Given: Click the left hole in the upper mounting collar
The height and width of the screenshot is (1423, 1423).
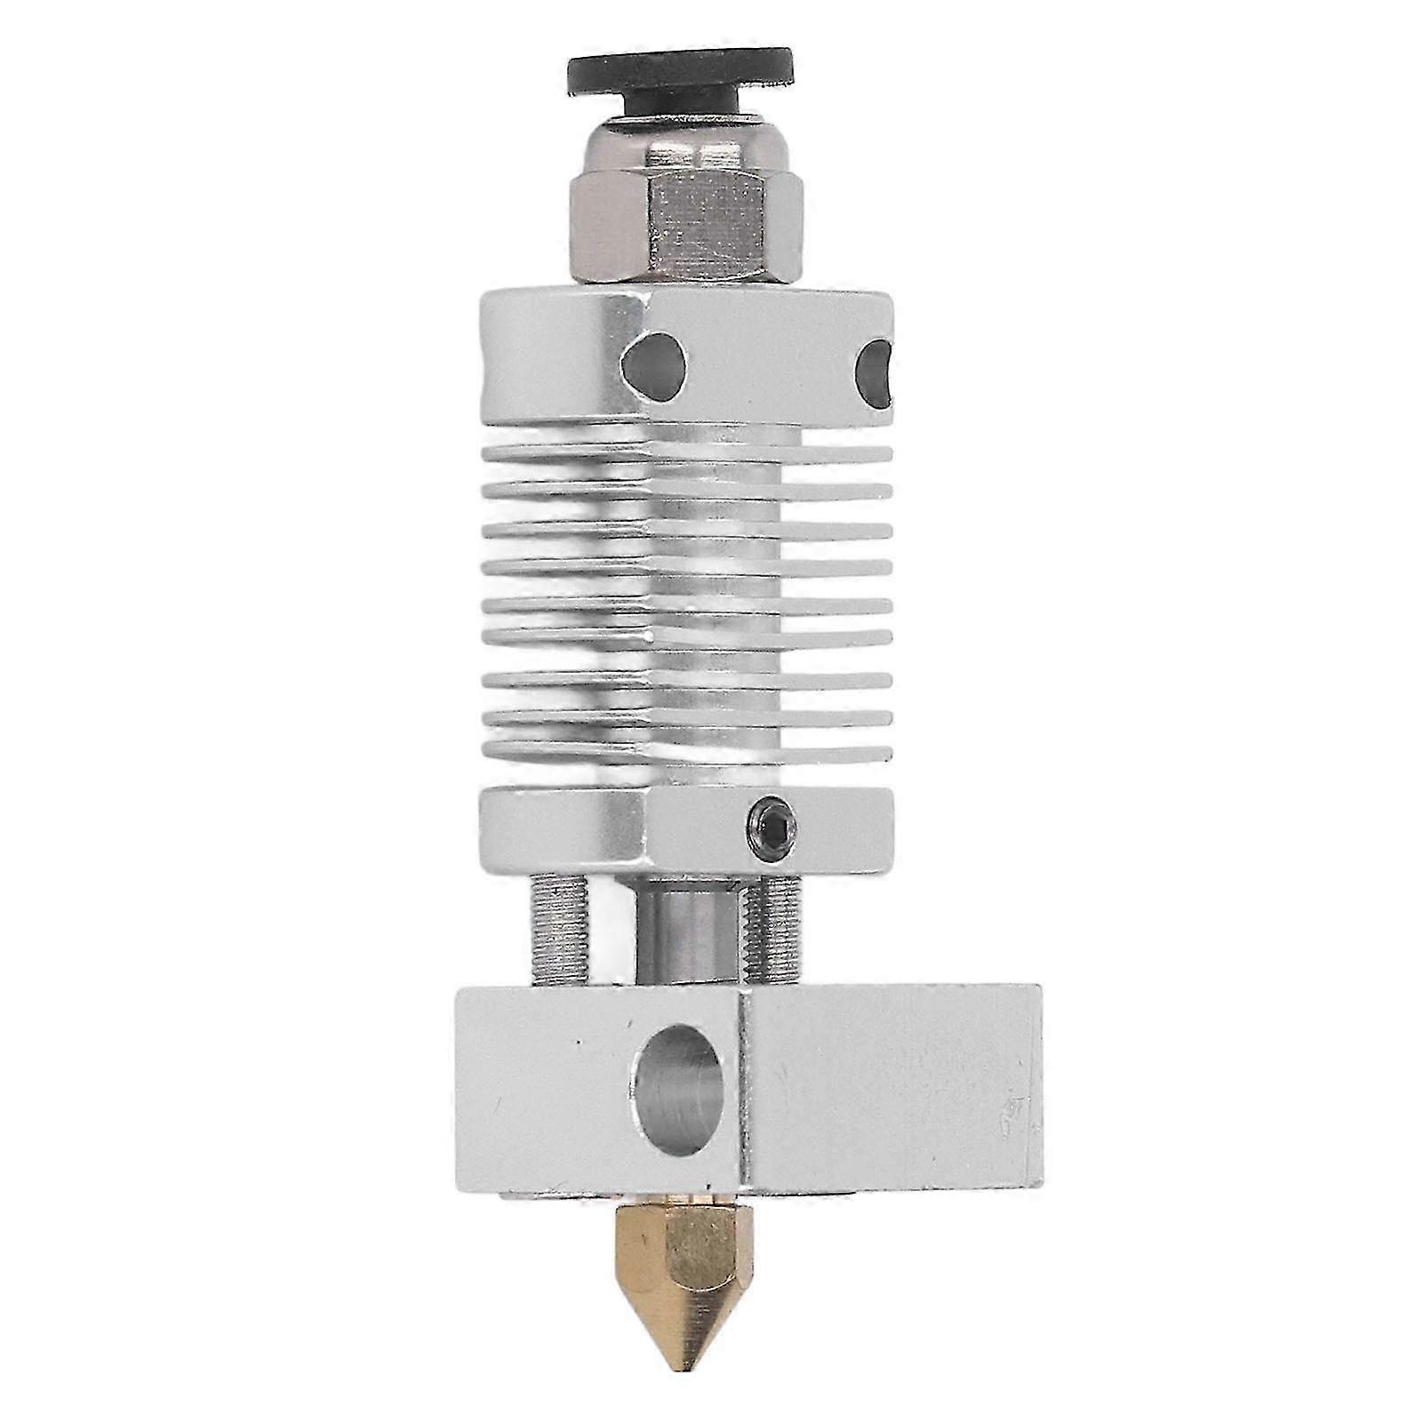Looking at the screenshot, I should click(x=655, y=362).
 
